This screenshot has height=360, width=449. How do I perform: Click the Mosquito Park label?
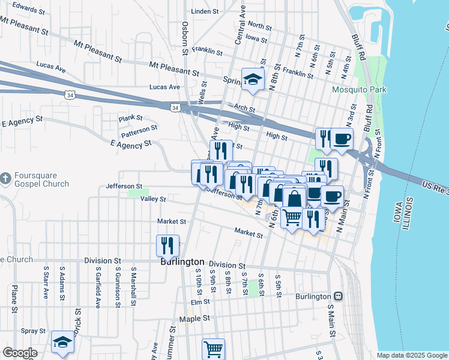coord(360,90)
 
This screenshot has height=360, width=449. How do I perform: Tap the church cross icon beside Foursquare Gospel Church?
coord(6,178)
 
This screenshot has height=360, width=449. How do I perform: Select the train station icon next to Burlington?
coord(339,296)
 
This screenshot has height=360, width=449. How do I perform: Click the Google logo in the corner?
coord(20,353)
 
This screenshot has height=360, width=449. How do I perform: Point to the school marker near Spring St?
coord(253,79)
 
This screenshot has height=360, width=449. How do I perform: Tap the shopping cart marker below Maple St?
coord(213,348)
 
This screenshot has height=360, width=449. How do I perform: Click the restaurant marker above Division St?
coord(167,245)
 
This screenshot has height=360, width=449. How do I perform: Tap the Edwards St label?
coord(28,9)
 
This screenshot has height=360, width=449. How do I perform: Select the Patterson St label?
coord(140,128)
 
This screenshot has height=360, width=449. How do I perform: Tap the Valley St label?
coord(152,199)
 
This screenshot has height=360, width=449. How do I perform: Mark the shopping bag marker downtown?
coord(294,197)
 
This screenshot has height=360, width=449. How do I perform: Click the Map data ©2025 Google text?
coord(411,355)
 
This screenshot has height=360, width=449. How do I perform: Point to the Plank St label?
coord(130,118)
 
